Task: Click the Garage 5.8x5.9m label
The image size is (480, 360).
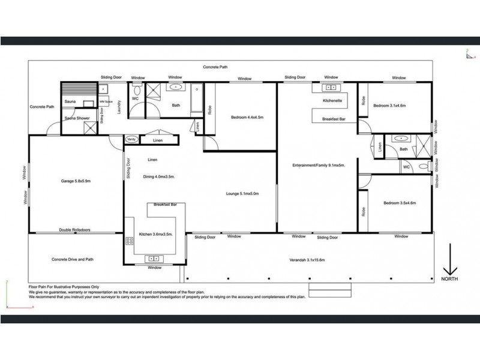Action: [75, 181]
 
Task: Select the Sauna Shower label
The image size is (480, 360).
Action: [77, 118]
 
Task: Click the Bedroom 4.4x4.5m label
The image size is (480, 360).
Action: [247, 118]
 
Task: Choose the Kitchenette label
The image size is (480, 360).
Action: [332, 100]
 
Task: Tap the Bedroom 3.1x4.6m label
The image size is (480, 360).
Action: [389, 106]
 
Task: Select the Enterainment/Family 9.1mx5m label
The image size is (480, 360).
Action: [318, 164]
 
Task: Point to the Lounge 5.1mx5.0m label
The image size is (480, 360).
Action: [242, 194]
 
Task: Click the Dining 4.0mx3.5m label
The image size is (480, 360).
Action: [159, 176]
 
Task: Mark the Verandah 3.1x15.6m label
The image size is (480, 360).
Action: [305, 260]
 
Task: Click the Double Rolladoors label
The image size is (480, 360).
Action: [75, 230]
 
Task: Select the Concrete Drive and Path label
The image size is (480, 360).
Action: [73, 259]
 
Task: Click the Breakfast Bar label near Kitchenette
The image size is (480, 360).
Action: [333, 119]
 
